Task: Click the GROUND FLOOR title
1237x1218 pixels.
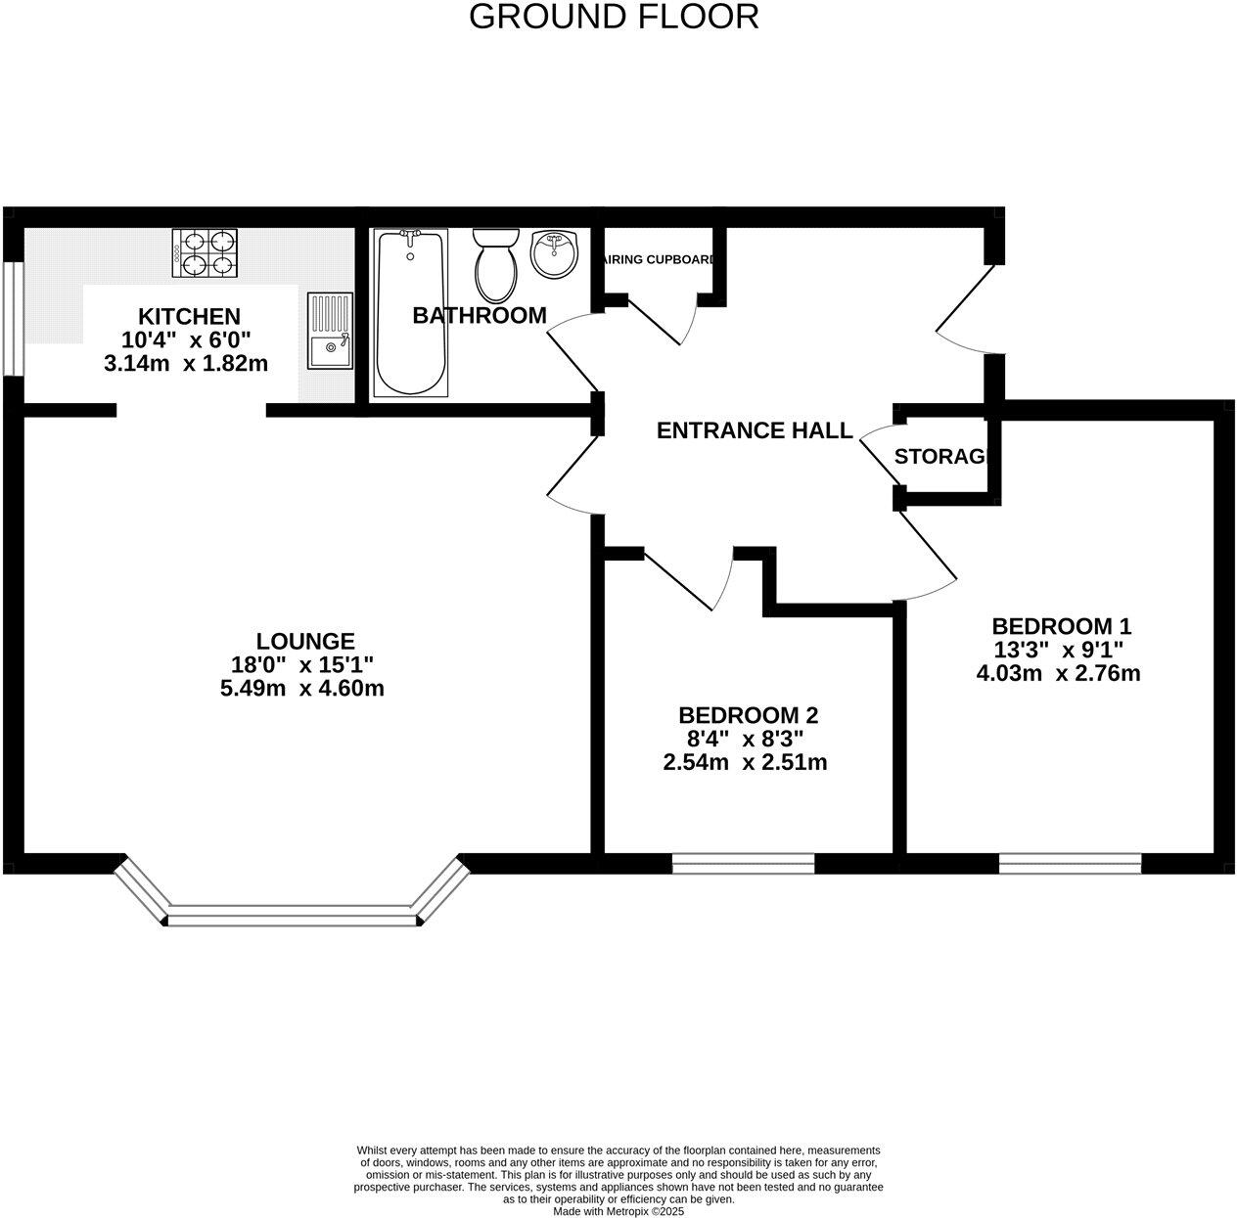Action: coord(614,17)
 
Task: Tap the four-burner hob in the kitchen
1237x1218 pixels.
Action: coord(205,251)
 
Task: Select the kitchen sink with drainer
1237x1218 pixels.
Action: coord(330,331)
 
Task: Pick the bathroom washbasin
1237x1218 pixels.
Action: coord(555,253)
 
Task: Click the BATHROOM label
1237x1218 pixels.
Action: coord(479,315)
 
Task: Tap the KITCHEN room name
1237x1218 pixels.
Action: coord(188,316)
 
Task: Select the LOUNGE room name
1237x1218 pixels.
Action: coord(304,641)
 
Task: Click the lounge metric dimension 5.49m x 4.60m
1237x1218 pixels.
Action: coord(302,688)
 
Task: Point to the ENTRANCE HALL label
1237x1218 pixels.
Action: coord(754,430)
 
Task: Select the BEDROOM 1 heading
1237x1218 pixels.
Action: coord(1061,626)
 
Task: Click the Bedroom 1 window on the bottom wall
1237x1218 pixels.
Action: coord(1070,862)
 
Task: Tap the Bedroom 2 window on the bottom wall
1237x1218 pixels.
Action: coord(744,862)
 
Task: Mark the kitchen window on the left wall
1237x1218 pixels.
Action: coord(12,318)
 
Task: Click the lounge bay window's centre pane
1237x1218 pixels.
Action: coord(292,917)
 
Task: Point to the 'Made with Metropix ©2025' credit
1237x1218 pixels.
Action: coord(618,1211)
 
